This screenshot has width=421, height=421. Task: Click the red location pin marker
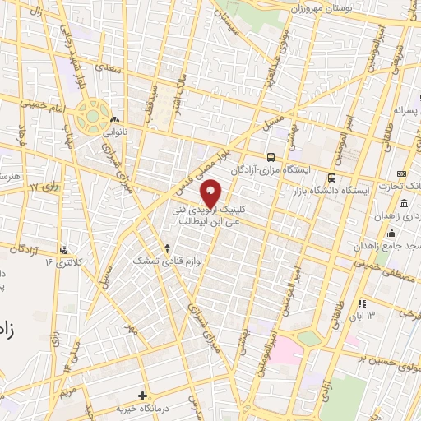tap(211, 192)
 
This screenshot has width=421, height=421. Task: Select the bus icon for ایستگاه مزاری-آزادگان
tap(270, 157)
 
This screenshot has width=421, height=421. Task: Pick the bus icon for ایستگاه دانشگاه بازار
tap(331, 178)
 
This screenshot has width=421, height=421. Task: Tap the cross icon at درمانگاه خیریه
tap(142, 396)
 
